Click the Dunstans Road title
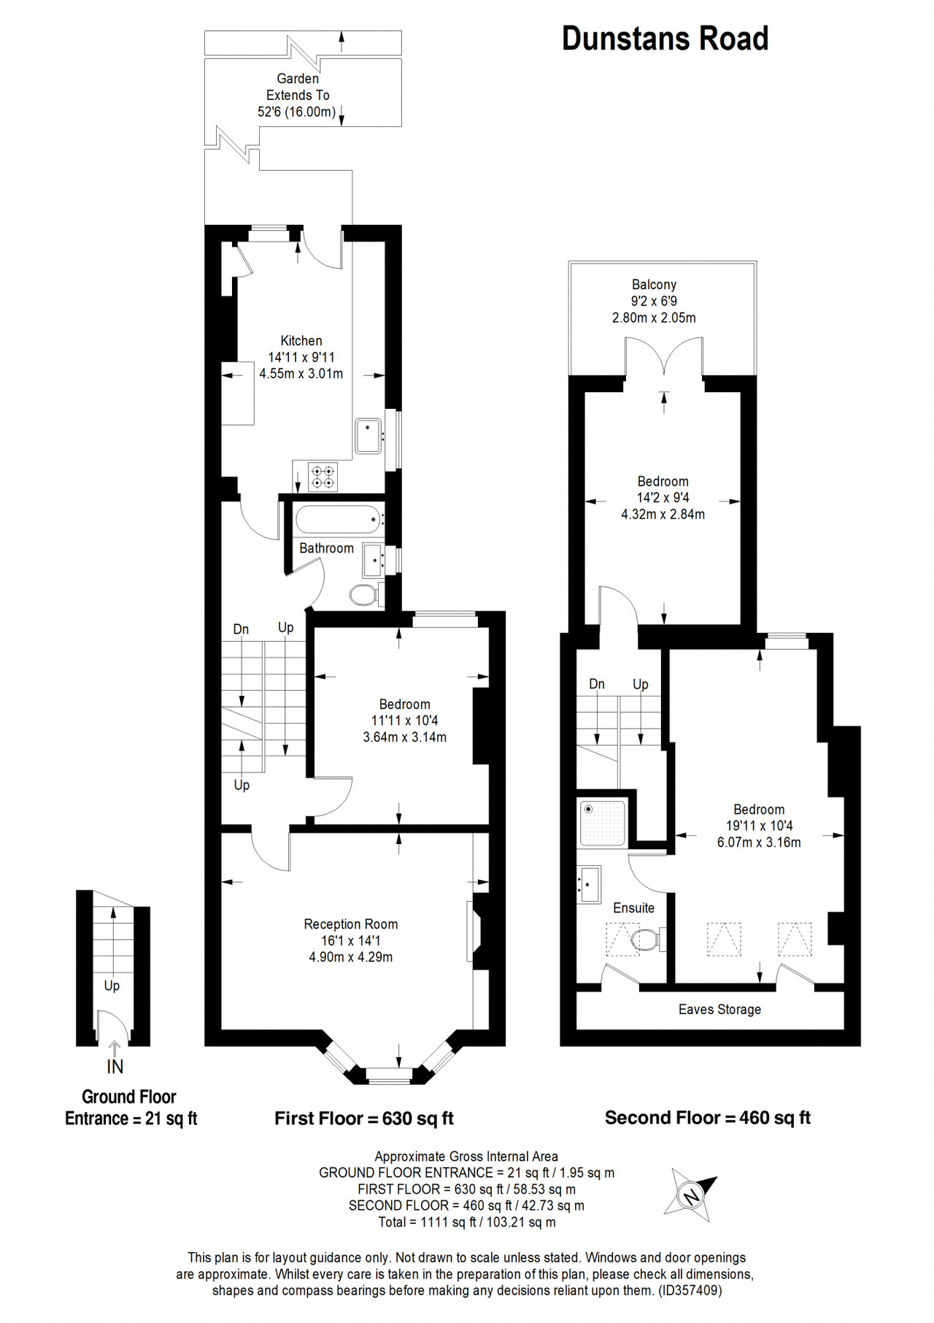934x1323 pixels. (665, 39)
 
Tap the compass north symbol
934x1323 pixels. (690, 1195)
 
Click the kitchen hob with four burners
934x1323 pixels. (323, 477)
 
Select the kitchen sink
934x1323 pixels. (368, 436)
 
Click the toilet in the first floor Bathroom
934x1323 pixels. (365, 594)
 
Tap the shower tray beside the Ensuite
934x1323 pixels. (602, 823)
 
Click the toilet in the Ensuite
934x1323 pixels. (646, 940)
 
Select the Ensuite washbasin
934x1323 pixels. (589, 884)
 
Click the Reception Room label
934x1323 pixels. (351, 924)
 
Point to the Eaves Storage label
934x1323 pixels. (719, 1009)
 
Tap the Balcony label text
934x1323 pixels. (654, 284)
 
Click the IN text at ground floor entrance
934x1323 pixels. (115, 1067)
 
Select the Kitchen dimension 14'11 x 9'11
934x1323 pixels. (301, 357)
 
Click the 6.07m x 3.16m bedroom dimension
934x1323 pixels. (759, 842)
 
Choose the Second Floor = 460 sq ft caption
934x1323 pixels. (708, 1117)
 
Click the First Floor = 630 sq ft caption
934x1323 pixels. (364, 1118)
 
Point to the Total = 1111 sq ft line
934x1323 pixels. (467, 1222)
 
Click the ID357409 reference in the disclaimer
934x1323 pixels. (690, 1290)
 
